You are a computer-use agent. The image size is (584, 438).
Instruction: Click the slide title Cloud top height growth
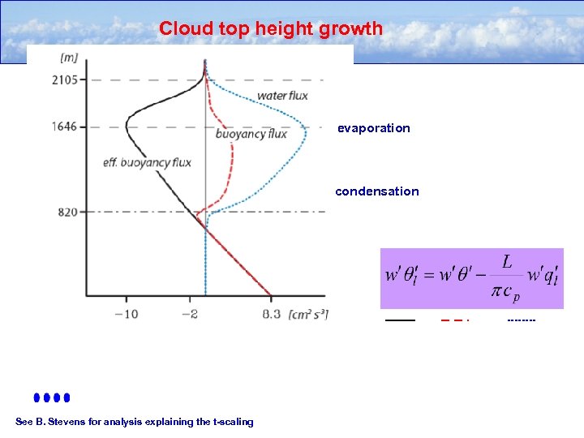(x=271, y=28)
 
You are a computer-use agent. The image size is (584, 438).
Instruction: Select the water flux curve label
(x=282, y=97)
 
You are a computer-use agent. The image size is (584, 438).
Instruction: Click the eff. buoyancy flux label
(x=147, y=162)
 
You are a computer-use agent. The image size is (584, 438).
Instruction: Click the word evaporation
(x=374, y=128)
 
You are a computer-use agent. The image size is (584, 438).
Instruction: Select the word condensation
(x=377, y=191)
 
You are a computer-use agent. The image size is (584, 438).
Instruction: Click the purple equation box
(x=471, y=278)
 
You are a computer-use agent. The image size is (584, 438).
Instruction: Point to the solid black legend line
(x=399, y=320)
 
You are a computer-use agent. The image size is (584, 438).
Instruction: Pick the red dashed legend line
(x=455, y=320)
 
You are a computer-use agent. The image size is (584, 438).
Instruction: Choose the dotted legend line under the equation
(x=521, y=320)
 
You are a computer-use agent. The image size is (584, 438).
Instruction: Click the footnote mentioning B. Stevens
(x=135, y=421)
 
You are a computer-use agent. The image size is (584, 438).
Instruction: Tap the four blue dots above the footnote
(x=52, y=397)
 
